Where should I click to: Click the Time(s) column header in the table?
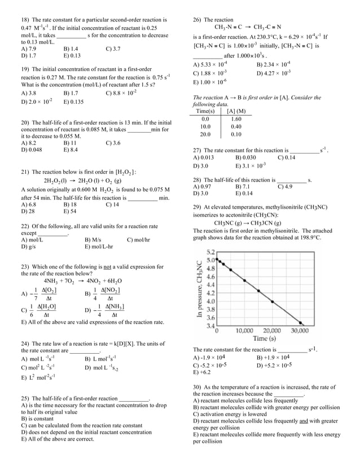click(205, 112)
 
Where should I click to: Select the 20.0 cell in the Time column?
click(205, 135)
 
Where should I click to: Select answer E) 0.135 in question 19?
click(73, 102)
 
